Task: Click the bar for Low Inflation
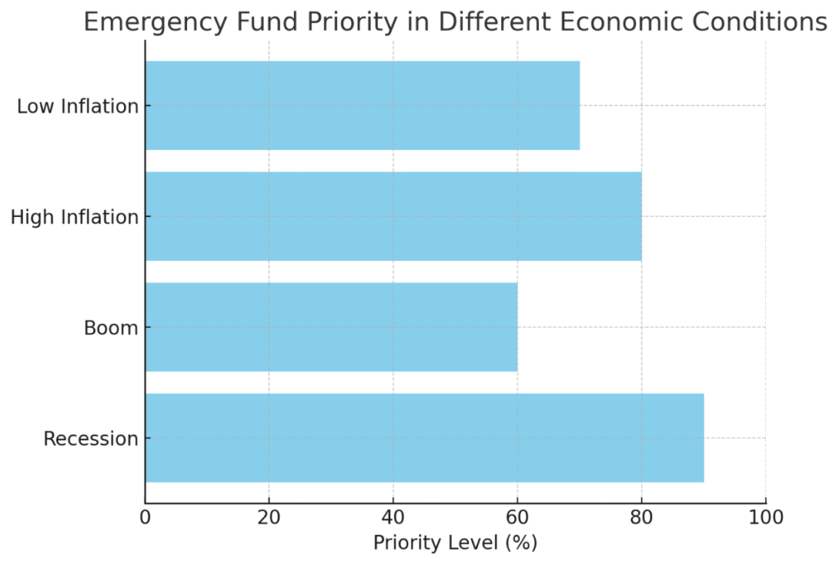coord(362,105)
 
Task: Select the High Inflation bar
coord(394,216)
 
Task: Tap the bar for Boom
coord(331,327)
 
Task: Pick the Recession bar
coord(425,438)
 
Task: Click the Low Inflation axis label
coord(78,106)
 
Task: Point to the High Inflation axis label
coord(74,217)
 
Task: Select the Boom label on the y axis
coord(111,328)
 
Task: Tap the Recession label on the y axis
coord(91,439)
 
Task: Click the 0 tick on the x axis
coord(145,517)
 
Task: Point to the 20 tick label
coord(269,517)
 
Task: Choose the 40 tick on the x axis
coord(393,517)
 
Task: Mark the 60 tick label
coord(517,517)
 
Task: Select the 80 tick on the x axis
coord(641,517)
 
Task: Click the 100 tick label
coord(765,517)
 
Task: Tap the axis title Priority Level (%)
coord(455,543)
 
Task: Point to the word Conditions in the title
coord(762,22)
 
